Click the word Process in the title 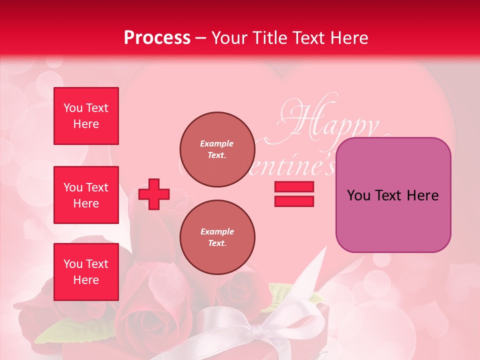pos(157,38)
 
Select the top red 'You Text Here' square pos(86,116)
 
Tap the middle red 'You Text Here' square pos(86,195)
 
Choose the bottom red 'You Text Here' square pos(86,272)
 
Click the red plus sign pos(154,194)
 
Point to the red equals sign pos(294,194)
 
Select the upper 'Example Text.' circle pos(217,149)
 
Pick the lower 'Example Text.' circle pos(217,237)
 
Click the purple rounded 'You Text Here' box pos(393,195)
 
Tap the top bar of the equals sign pos(294,187)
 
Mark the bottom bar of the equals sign pos(294,201)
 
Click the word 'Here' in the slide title pos(349,38)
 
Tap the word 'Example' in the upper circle pos(217,143)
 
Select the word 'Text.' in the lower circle pos(217,243)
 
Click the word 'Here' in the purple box pos(423,195)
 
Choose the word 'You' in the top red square pos(72,108)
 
